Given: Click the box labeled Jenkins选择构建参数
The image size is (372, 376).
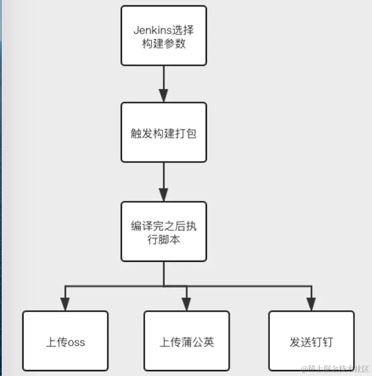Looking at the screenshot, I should pos(164,35).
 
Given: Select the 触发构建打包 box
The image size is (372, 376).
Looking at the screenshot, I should pos(164,132).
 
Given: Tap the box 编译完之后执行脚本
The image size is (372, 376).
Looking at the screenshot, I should pos(164,232).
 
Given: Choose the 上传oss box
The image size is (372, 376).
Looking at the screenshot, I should pos(65,341).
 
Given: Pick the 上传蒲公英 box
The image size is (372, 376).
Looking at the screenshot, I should pos(186,341).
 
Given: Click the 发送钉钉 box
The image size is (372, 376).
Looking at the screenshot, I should pos(311,341).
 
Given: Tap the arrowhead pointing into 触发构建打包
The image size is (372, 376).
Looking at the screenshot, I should pos(164,95).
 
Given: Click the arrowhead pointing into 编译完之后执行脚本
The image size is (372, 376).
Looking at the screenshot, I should pos(164,194).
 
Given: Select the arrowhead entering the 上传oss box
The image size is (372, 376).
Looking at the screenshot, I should pos(65,304).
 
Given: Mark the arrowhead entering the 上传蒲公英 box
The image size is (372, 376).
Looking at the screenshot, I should pos(186,304).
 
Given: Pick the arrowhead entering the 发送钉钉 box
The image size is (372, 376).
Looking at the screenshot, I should pos(311,304).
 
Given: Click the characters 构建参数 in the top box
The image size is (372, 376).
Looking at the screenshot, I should pos(164,44).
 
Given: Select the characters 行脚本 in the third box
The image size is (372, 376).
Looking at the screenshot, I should pos(164,240).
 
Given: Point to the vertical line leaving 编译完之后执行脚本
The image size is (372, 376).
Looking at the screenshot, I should pos(164,273).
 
